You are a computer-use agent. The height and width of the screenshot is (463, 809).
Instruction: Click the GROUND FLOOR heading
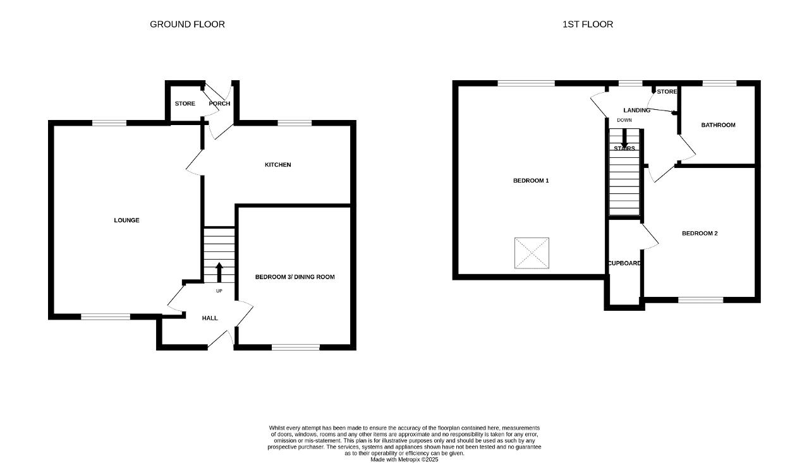coord(187,24)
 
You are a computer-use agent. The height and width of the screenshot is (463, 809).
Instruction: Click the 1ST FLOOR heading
coord(588,24)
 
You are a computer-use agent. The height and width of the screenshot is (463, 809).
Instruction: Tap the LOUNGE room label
coord(126,220)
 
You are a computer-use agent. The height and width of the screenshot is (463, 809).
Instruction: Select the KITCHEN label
coord(277,165)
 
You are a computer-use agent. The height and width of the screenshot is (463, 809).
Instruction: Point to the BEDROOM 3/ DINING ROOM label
coord(295,277)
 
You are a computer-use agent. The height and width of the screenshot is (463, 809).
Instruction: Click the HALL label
coord(210,318)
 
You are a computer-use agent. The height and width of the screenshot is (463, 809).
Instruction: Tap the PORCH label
coord(219,104)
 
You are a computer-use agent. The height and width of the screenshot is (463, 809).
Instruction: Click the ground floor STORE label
coord(185,104)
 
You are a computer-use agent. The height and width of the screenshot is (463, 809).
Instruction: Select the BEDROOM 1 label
coord(531,181)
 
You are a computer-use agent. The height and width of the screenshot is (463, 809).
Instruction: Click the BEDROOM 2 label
coord(700,233)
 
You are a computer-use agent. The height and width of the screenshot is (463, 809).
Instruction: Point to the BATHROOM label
coord(718,125)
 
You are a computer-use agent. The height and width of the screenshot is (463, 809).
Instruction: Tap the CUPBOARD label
coord(624,263)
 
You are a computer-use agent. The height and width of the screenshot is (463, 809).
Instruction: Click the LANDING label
coord(636,110)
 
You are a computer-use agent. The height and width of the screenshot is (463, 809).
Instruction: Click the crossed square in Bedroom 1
coord(532,253)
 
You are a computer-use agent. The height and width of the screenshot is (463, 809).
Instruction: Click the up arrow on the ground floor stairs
coord(219,272)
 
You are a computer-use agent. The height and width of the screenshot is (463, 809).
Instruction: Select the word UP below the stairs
coord(219,291)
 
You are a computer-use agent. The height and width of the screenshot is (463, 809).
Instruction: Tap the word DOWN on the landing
coord(624,120)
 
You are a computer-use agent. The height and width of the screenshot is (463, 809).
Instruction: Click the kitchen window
coord(295,123)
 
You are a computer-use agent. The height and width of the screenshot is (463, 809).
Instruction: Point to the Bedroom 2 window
coord(701,300)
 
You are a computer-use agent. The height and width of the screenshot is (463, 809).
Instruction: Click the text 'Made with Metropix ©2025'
coord(404,460)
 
